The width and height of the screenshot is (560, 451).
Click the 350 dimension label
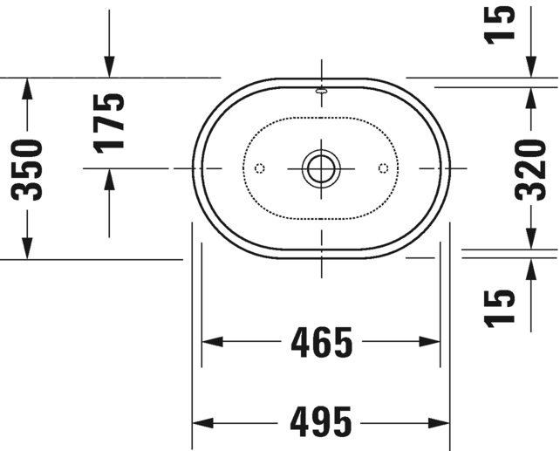pyautogui.click(x=28, y=168)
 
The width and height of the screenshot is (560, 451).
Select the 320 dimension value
pyautogui.click(x=530, y=168)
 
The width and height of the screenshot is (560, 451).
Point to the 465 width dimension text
pyautogui.click(x=321, y=342)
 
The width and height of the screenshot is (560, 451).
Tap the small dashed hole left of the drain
pyautogui.click(x=258, y=167)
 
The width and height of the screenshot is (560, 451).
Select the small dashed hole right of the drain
pyautogui.click(x=383, y=167)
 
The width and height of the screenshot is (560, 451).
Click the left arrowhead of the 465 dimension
pyautogui.click(x=212, y=342)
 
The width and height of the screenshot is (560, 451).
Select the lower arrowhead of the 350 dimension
pyautogui.click(x=28, y=249)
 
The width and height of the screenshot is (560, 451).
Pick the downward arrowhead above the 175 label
pyautogui.click(x=109, y=66)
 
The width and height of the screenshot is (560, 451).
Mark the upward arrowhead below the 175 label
pyautogui.click(x=109, y=178)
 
